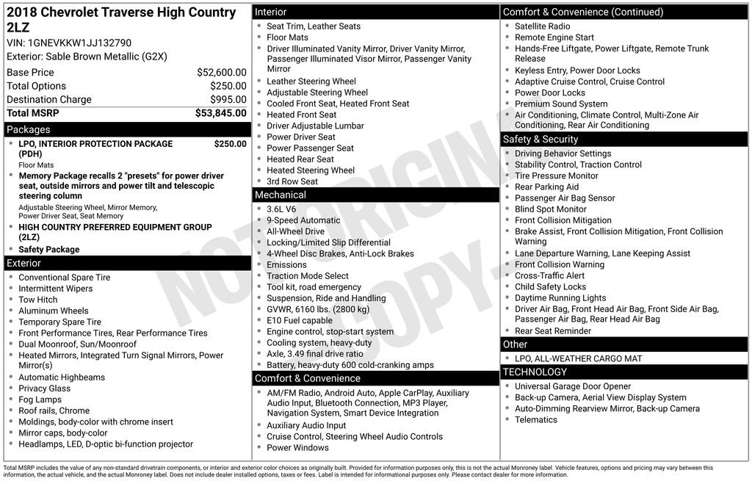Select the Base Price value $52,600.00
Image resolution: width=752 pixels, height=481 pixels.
pos(221,73)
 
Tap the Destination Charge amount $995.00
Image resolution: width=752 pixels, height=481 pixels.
pos(228,100)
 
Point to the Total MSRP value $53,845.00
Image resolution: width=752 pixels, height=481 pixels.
pos(220,113)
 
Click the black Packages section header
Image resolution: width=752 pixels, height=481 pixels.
pos(127,130)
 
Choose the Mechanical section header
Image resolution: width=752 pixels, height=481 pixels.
pos(375,195)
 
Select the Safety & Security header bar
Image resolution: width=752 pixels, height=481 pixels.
pos(624,140)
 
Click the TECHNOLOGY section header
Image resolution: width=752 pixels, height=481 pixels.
pos(624,372)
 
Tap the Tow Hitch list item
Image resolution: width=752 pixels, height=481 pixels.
pos(38,300)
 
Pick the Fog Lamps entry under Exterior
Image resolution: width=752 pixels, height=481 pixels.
pos(40,399)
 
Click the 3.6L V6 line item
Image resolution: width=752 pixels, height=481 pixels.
pos(281,209)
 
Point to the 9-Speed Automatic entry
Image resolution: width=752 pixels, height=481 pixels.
pos(303,220)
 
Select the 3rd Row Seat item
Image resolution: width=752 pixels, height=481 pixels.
pos(292,181)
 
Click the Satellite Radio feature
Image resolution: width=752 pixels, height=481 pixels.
pos(543,26)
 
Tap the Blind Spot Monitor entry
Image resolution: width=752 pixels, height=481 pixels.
pos(551,209)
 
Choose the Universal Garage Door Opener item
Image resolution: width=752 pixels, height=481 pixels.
pos(573,386)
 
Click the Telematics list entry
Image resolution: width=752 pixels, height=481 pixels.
pos(536,420)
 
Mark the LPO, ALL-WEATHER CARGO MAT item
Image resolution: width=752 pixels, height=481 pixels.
pos(578,358)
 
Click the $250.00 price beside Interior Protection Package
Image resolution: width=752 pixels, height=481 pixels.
pos(230,144)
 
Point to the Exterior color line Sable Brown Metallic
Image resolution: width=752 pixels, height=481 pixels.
pos(87,57)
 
